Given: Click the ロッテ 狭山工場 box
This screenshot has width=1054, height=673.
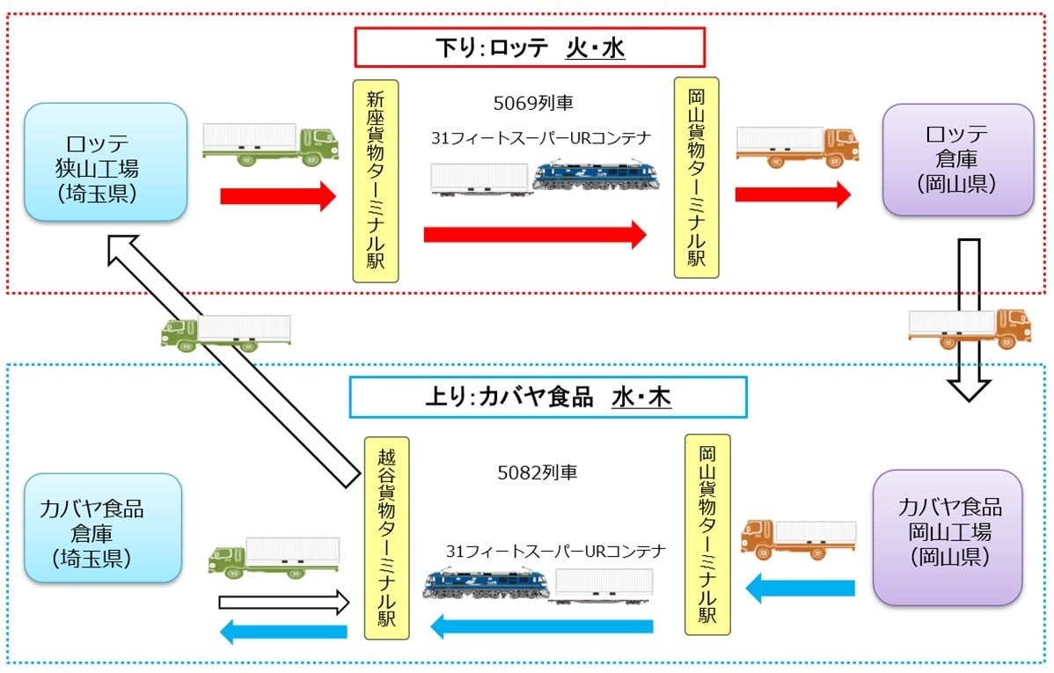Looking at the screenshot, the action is pyautogui.click(x=106, y=162).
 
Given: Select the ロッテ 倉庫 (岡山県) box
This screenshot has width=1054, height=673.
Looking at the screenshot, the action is pyautogui.click(x=958, y=159).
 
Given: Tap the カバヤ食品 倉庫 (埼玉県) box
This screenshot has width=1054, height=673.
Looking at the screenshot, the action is pyautogui.click(x=103, y=528).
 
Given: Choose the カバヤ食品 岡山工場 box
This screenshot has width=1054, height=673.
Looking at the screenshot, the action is pyautogui.click(x=948, y=538).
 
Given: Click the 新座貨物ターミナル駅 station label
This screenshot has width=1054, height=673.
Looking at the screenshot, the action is pyautogui.click(x=376, y=181).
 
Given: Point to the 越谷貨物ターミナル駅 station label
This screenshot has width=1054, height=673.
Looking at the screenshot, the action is pyautogui.click(x=386, y=538).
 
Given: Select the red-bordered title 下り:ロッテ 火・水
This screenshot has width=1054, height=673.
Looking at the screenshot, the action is pyautogui.click(x=530, y=47).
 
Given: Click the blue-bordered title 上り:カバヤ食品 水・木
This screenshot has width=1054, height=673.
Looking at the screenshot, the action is pyautogui.click(x=548, y=397).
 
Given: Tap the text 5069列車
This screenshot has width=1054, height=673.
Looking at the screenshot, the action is pyautogui.click(x=533, y=103).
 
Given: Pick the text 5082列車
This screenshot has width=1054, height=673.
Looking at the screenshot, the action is pyautogui.click(x=537, y=472).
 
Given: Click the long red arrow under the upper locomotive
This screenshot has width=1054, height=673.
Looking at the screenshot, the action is pyautogui.click(x=535, y=235).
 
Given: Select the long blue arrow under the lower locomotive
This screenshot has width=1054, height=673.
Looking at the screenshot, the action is pyautogui.click(x=541, y=626).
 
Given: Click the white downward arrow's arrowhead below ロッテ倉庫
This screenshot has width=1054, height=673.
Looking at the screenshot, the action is pyautogui.click(x=969, y=389).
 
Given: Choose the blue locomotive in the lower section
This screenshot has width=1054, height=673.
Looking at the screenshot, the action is pyautogui.click(x=486, y=584).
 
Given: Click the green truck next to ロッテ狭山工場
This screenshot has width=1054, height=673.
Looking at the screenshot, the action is pyautogui.click(x=271, y=144).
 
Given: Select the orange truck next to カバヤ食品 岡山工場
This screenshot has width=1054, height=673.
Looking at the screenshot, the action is pyautogui.click(x=799, y=540).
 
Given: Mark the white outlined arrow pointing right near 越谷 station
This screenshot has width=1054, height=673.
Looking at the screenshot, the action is pyautogui.click(x=284, y=603).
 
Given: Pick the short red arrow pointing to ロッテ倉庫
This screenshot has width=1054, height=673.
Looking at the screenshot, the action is pyautogui.click(x=794, y=195).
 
